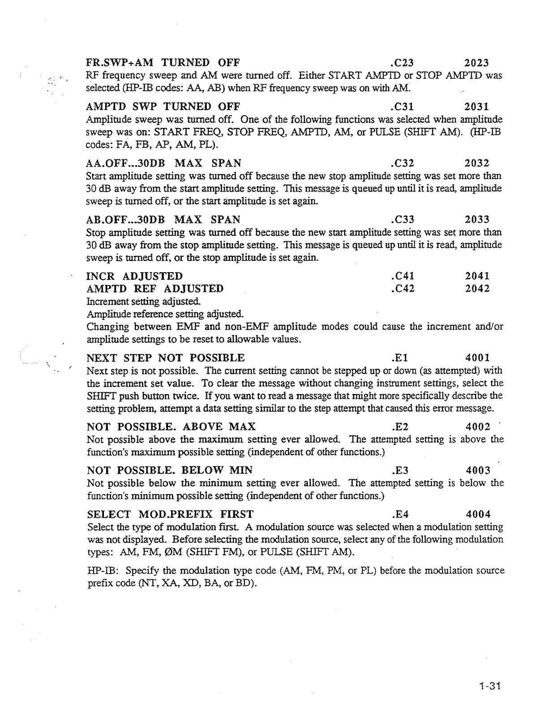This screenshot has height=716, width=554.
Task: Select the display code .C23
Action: pos(402,63)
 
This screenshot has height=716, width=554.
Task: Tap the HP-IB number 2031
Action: pos(477,107)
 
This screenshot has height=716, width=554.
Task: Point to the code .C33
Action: pos(402,219)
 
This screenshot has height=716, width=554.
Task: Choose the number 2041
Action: pos(477,276)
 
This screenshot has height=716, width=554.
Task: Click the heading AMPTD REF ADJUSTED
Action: pos(155,289)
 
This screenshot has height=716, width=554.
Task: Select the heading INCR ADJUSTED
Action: pos(134,276)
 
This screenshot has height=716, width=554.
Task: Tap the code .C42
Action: pos(402,289)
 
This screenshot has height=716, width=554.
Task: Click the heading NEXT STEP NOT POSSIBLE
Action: pos(166,358)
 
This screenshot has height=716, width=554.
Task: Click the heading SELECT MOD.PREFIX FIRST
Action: pos(170,514)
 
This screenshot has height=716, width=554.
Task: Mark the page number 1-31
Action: pos(489,686)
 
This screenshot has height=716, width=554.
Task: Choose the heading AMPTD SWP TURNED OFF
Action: pos(163,107)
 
